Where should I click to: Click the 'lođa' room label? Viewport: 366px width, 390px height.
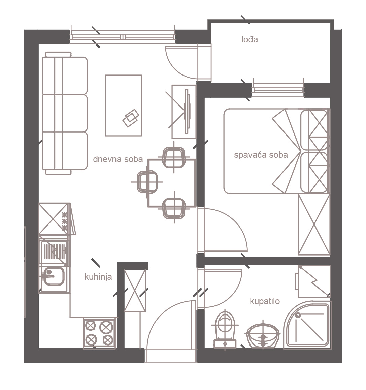point(249,39)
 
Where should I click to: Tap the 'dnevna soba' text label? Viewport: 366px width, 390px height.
point(118,159)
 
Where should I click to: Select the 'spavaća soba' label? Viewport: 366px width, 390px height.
point(261,155)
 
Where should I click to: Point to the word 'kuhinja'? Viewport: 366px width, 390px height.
point(98,277)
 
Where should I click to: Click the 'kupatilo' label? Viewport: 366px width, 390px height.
point(265,301)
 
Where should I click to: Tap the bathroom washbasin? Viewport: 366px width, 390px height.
point(263,335)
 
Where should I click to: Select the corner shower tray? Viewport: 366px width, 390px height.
point(308,325)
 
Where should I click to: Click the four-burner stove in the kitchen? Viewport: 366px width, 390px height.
point(99,333)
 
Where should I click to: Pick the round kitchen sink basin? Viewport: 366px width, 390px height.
point(53,276)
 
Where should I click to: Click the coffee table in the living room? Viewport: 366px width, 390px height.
point(123,106)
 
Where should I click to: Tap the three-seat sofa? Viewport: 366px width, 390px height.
point(65,113)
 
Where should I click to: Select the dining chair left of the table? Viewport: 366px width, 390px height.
point(147,182)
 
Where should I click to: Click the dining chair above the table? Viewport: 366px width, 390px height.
point(174,157)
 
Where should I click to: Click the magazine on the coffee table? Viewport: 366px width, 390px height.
point(131,118)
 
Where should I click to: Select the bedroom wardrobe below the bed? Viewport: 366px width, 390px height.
point(314,225)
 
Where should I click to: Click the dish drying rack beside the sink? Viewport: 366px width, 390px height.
point(55,252)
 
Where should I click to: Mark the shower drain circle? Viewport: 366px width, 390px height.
point(298,315)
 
